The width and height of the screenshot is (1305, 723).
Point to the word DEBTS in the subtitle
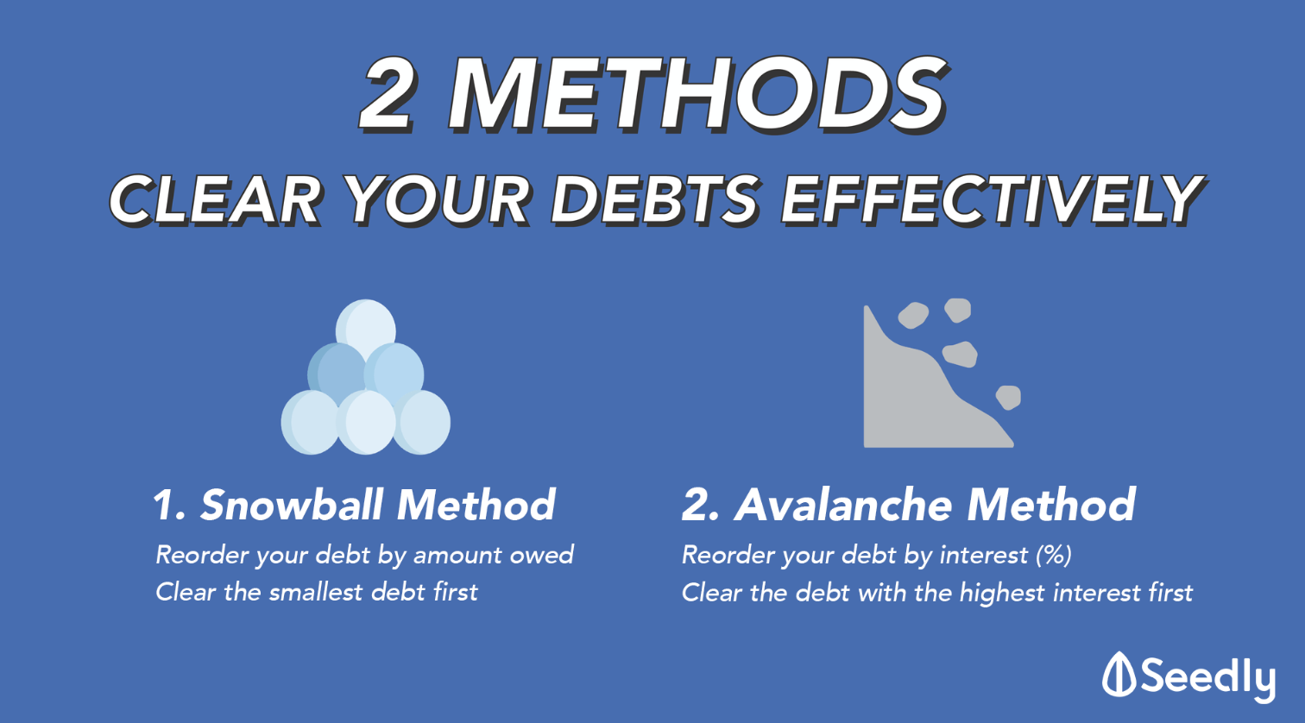click(655, 200)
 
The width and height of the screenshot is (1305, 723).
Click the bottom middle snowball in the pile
click(366, 423)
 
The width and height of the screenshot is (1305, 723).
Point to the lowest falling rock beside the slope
click(1008, 398)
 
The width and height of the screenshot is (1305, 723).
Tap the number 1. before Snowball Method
click(169, 505)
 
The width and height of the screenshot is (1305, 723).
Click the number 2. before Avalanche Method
click(700, 505)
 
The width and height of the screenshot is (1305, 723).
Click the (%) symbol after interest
click(1054, 556)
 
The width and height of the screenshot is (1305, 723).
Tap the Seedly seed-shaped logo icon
click(1119, 674)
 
